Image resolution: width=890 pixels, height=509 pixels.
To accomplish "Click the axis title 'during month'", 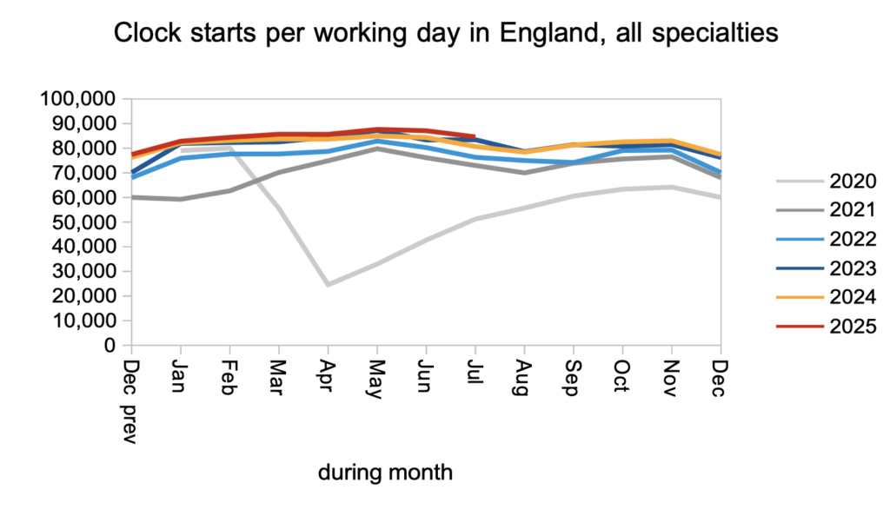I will [385, 473].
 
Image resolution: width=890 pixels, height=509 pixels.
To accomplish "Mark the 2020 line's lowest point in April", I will [328, 285].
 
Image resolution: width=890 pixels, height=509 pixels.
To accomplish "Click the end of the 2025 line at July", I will [474, 136].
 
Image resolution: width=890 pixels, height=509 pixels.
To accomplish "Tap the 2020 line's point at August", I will [523, 208].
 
